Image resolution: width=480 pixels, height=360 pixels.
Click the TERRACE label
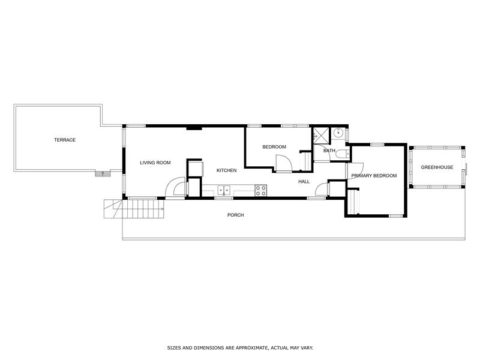click(x=65, y=140)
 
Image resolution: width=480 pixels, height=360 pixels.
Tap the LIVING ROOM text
click(x=155, y=163)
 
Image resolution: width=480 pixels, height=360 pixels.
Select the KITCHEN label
click(x=227, y=170)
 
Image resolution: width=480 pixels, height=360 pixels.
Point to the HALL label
click(x=304, y=182)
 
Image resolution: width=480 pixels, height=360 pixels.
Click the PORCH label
click(x=236, y=215)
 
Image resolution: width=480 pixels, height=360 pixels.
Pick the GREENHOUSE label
click(x=437, y=167)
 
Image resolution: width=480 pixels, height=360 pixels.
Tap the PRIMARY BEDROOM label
click(x=374, y=176)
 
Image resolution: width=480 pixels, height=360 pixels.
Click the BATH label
click(x=329, y=151)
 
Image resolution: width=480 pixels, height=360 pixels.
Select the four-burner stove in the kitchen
click(x=261, y=190)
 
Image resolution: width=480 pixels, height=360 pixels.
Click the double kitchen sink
click(x=224, y=190)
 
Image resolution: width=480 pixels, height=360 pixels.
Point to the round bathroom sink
click(x=338, y=133)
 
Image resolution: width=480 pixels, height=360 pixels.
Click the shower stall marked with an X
click(x=321, y=134)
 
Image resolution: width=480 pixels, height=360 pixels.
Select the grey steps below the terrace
click(x=103, y=173)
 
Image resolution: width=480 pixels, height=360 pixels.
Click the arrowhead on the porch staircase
click(x=162, y=209)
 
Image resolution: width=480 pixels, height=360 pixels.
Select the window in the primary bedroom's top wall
click(x=377, y=144)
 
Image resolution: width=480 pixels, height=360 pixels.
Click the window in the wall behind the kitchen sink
click(x=224, y=199)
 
